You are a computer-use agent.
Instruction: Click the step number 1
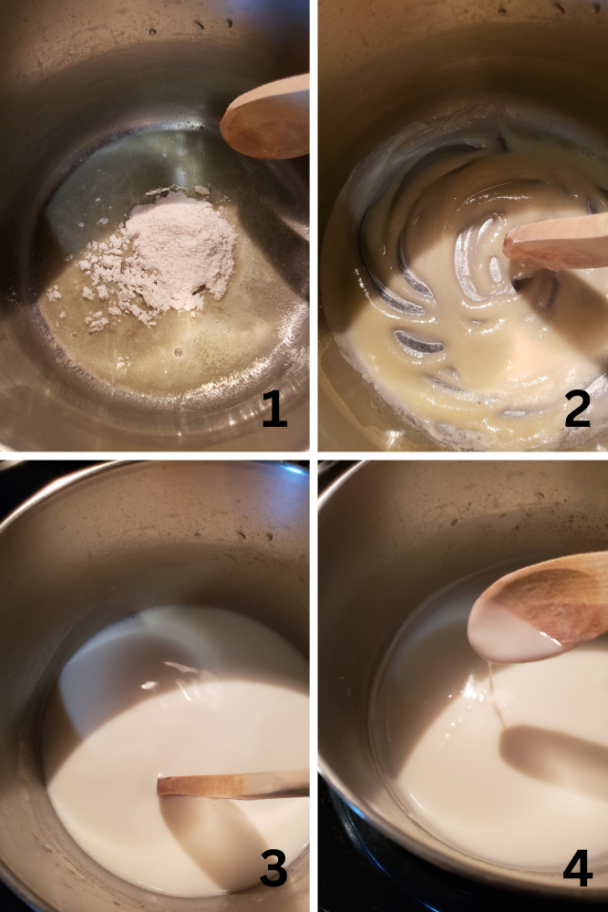click(273, 409)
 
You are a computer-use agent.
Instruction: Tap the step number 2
click(577, 409)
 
